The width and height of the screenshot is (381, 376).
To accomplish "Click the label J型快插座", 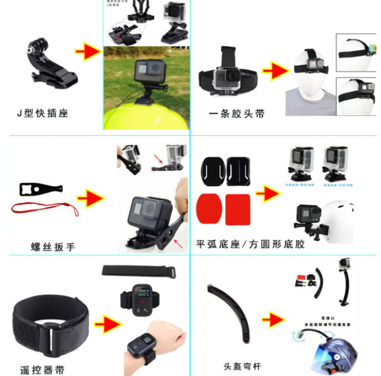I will pyautogui.click(x=42, y=113).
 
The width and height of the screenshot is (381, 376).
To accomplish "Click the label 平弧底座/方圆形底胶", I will pyautogui.click(x=250, y=244).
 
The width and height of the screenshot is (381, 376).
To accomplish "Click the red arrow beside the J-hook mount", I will pyautogui.click(x=88, y=52).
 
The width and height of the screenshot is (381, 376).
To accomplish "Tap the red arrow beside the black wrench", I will pyautogui.click(x=91, y=198).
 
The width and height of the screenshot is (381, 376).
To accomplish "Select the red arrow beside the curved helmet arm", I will pyautogui.click(x=273, y=320).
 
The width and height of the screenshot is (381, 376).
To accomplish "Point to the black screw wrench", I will pyautogui.click(x=41, y=189).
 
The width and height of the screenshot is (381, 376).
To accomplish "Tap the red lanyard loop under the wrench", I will pyautogui.click(x=45, y=208).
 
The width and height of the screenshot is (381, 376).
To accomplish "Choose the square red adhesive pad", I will pyautogui.click(x=238, y=208).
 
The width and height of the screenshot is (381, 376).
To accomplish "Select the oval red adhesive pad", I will pyautogui.click(x=210, y=208).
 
